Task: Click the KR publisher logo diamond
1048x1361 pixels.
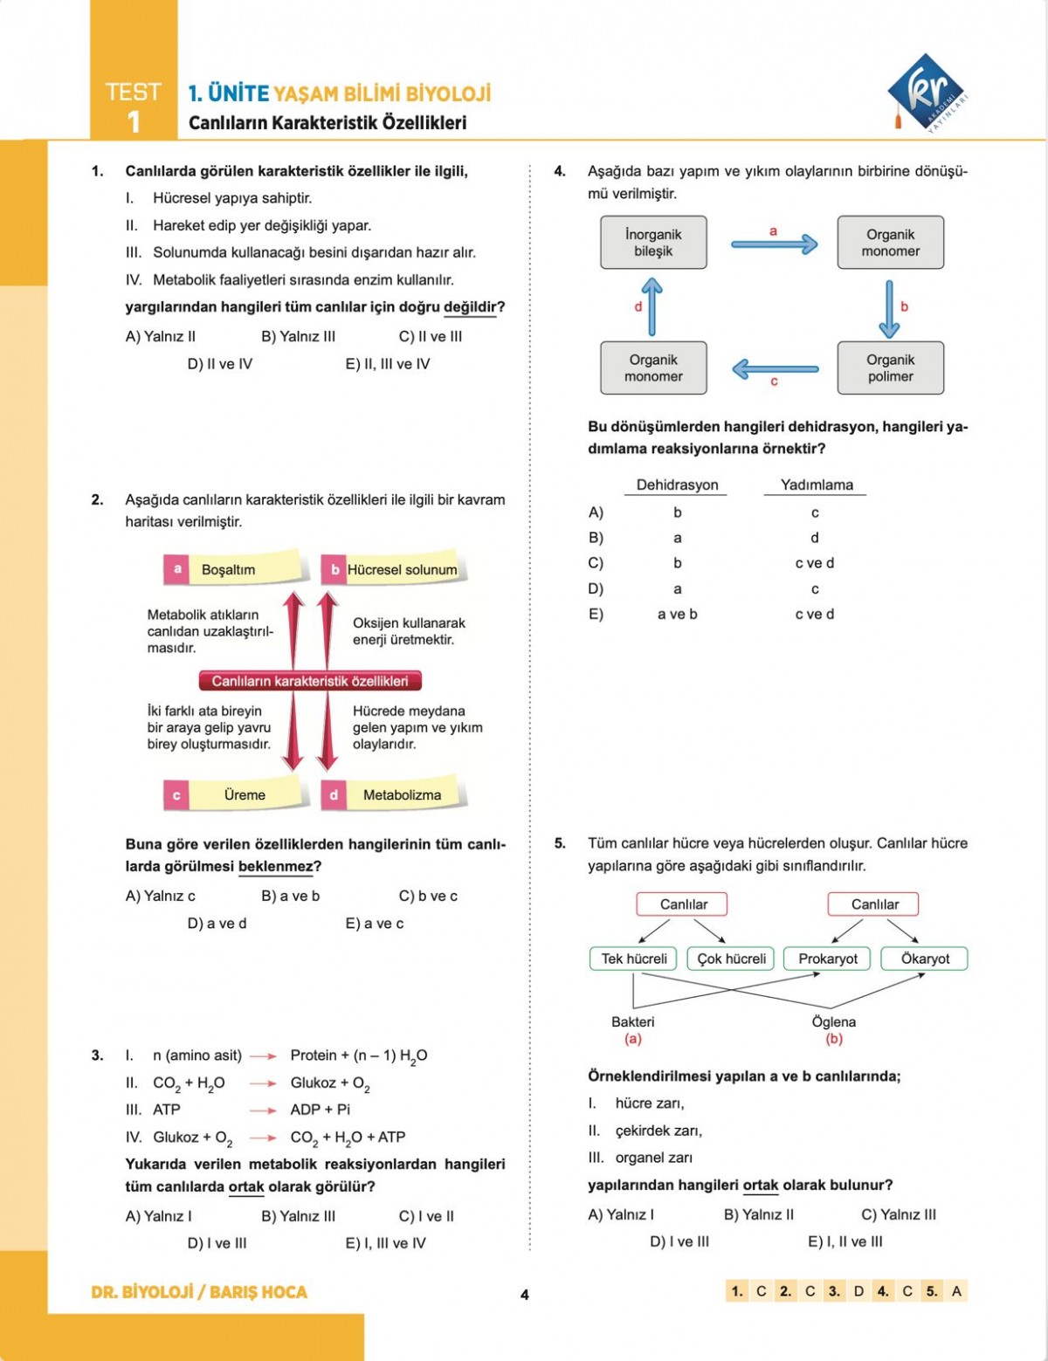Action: [x=926, y=91]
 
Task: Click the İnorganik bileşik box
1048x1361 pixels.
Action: [x=653, y=243]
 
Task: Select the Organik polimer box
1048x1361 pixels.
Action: [x=890, y=368]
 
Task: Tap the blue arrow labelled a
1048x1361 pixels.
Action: [x=774, y=244]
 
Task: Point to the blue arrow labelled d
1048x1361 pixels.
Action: [x=652, y=306]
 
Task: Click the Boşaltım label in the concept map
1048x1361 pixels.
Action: [x=229, y=569]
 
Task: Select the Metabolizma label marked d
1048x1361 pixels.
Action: [x=402, y=795]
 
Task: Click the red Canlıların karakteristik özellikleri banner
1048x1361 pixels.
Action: [x=310, y=681]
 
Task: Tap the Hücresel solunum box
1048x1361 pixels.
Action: [x=402, y=569]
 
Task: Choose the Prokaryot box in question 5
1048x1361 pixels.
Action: [x=828, y=959]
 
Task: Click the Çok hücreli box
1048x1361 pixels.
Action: [x=731, y=959]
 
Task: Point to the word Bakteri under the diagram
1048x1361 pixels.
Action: [x=632, y=1021]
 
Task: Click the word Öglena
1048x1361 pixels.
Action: [x=833, y=1021]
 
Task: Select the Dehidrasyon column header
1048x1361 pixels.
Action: [x=677, y=485]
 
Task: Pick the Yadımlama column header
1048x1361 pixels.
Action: [x=817, y=485]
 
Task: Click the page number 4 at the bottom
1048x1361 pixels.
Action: [x=524, y=1295]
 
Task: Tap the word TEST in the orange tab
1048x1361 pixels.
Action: [x=133, y=93]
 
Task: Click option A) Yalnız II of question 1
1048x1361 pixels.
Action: [x=161, y=336]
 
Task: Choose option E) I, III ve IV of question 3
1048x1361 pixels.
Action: [x=385, y=1243]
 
